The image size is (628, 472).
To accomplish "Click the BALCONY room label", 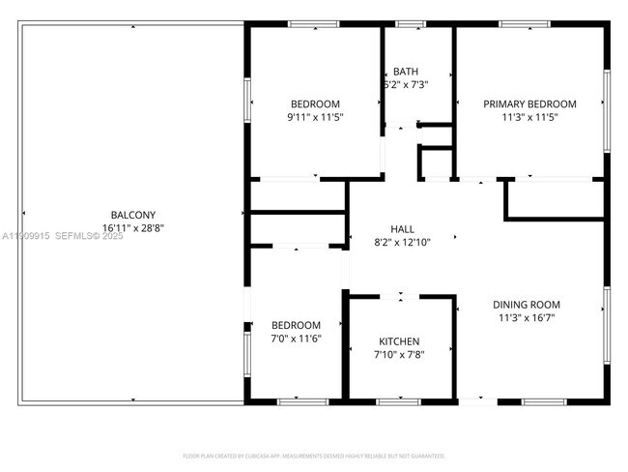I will click(132, 215).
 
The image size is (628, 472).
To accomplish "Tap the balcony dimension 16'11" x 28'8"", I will click(132, 228).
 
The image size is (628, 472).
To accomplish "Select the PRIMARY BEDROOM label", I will click(529, 104).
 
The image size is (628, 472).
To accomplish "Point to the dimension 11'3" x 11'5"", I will click(529, 117).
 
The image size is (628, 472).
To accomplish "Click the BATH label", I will click(406, 72).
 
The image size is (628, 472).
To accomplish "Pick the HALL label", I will click(402, 229).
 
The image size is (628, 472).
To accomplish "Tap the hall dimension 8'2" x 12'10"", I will click(402, 242).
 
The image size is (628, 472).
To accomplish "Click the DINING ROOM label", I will click(528, 305).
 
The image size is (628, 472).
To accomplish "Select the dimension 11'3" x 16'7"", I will click(528, 317).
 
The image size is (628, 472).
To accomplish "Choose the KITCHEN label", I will click(399, 341).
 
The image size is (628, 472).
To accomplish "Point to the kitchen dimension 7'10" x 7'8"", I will click(399, 354).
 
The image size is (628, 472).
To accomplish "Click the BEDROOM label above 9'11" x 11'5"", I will click(315, 104).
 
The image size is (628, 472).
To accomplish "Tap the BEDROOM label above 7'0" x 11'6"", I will click(296, 325).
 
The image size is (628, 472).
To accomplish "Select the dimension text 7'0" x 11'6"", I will click(296, 339).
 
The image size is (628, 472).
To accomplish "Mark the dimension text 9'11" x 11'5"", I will click(315, 117).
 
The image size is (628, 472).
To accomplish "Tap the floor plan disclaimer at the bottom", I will click(313, 455).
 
